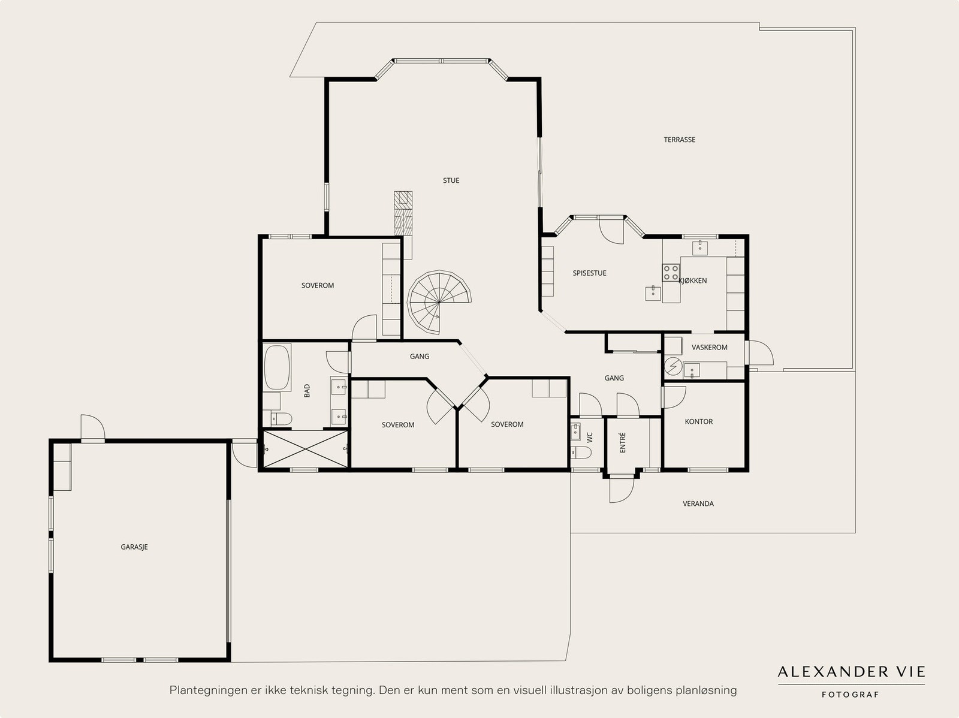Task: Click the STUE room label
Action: click(x=451, y=180)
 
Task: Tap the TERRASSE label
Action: click(x=679, y=140)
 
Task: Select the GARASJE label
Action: click(x=134, y=547)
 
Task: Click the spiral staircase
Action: click(x=439, y=302)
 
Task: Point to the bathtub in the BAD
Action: click(x=277, y=368)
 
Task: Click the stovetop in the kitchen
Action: click(x=671, y=273)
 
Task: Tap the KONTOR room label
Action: click(x=699, y=421)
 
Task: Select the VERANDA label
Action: click(x=698, y=503)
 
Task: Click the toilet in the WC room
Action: click(x=581, y=452)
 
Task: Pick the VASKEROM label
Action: click(x=709, y=347)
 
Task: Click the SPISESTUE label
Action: click(x=589, y=273)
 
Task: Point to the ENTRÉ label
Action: click(x=623, y=442)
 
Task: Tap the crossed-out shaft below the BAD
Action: click(x=305, y=449)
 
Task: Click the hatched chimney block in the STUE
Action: click(x=403, y=213)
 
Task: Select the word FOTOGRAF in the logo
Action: click(x=850, y=695)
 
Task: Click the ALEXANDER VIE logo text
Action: click(x=851, y=672)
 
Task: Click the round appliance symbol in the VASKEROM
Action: click(x=673, y=366)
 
